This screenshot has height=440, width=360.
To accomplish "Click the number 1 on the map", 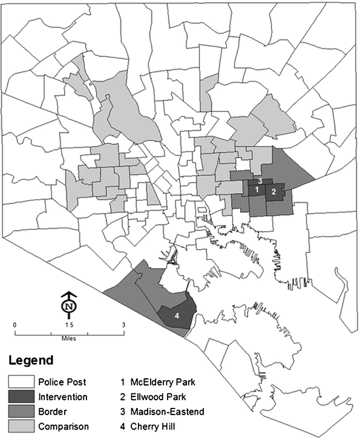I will pyautogui.click(x=257, y=189).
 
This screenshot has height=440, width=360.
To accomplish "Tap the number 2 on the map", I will pyautogui.click(x=273, y=192).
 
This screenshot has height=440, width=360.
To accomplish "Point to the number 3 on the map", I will pyautogui.click(x=260, y=181).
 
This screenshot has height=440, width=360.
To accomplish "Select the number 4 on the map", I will pyautogui.click(x=177, y=315).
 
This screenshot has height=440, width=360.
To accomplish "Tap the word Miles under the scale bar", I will pyautogui.click(x=68, y=338).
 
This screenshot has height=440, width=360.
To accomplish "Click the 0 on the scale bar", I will pyautogui.click(x=15, y=325).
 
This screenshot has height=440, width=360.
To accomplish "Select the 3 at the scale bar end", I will pyautogui.click(x=123, y=325).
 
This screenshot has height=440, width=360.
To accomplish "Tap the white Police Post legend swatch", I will pyautogui.click(x=21, y=383).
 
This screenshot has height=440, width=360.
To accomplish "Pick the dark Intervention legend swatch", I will pyautogui.click(x=21, y=397).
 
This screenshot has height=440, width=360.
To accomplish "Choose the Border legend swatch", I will pyautogui.click(x=21, y=412).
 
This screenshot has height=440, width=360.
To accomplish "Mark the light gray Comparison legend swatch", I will pyautogui.click(x=21, y=426).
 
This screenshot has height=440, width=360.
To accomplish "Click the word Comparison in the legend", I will pyautogui.click(x=64, y=426).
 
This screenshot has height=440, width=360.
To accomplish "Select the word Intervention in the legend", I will pyautogui.click(x=64, y=397).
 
